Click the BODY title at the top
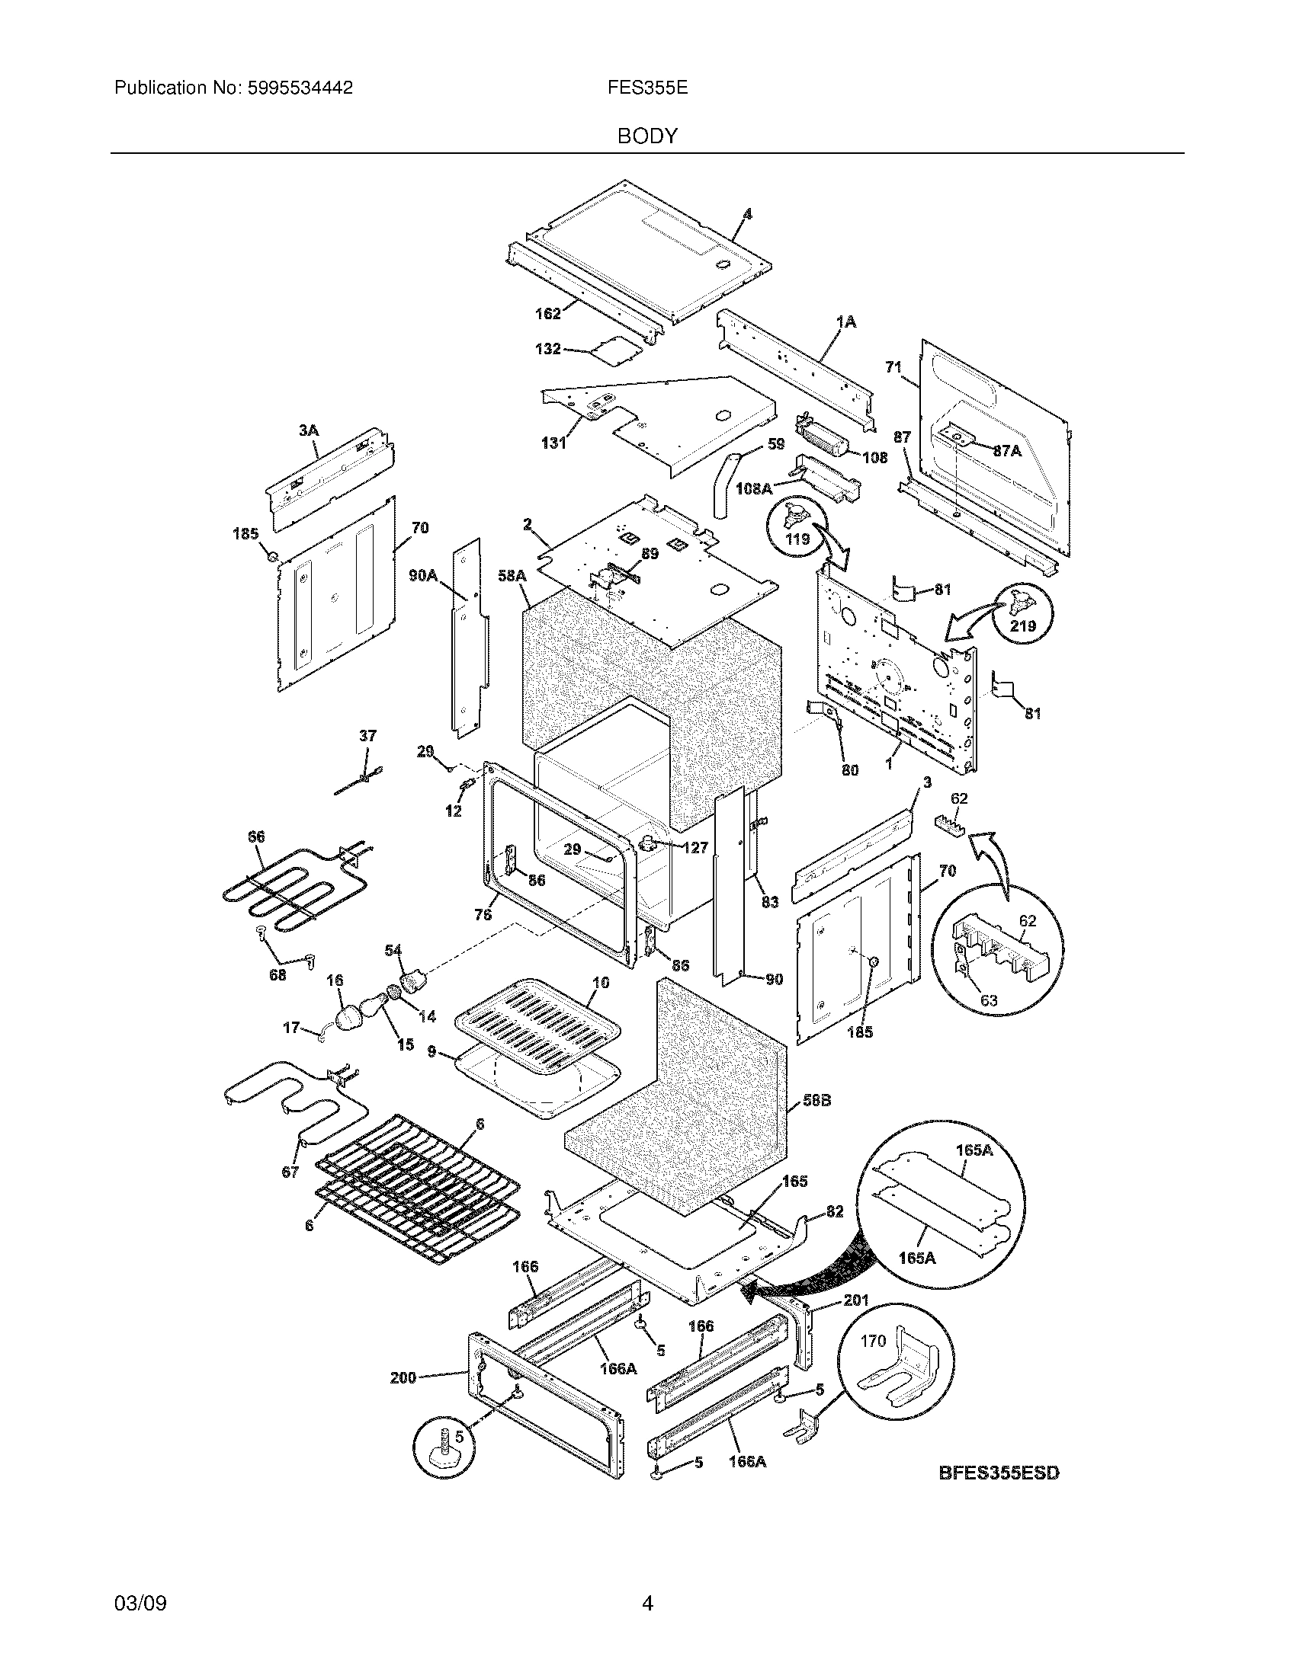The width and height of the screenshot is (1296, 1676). tap(647, 136)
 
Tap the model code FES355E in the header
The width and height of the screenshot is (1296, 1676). tap(647, 88)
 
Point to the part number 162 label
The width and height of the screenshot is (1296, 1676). tap(547, 313)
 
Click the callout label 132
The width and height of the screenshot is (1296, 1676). tap(547, 349)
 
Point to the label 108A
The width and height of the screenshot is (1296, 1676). tap(753, 488)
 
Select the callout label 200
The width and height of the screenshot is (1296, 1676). tap(403, 1377)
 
